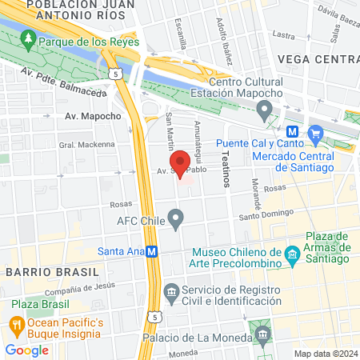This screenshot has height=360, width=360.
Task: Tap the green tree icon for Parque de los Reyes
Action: (x=28, y=38)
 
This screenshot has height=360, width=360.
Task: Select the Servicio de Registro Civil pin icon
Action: (x=170, y=290)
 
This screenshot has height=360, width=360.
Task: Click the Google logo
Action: (x=26, y=350)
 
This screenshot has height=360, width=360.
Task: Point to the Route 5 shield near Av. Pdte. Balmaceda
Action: (x=117, y=74)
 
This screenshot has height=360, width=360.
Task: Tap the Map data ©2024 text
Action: (x=324, y=353)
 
